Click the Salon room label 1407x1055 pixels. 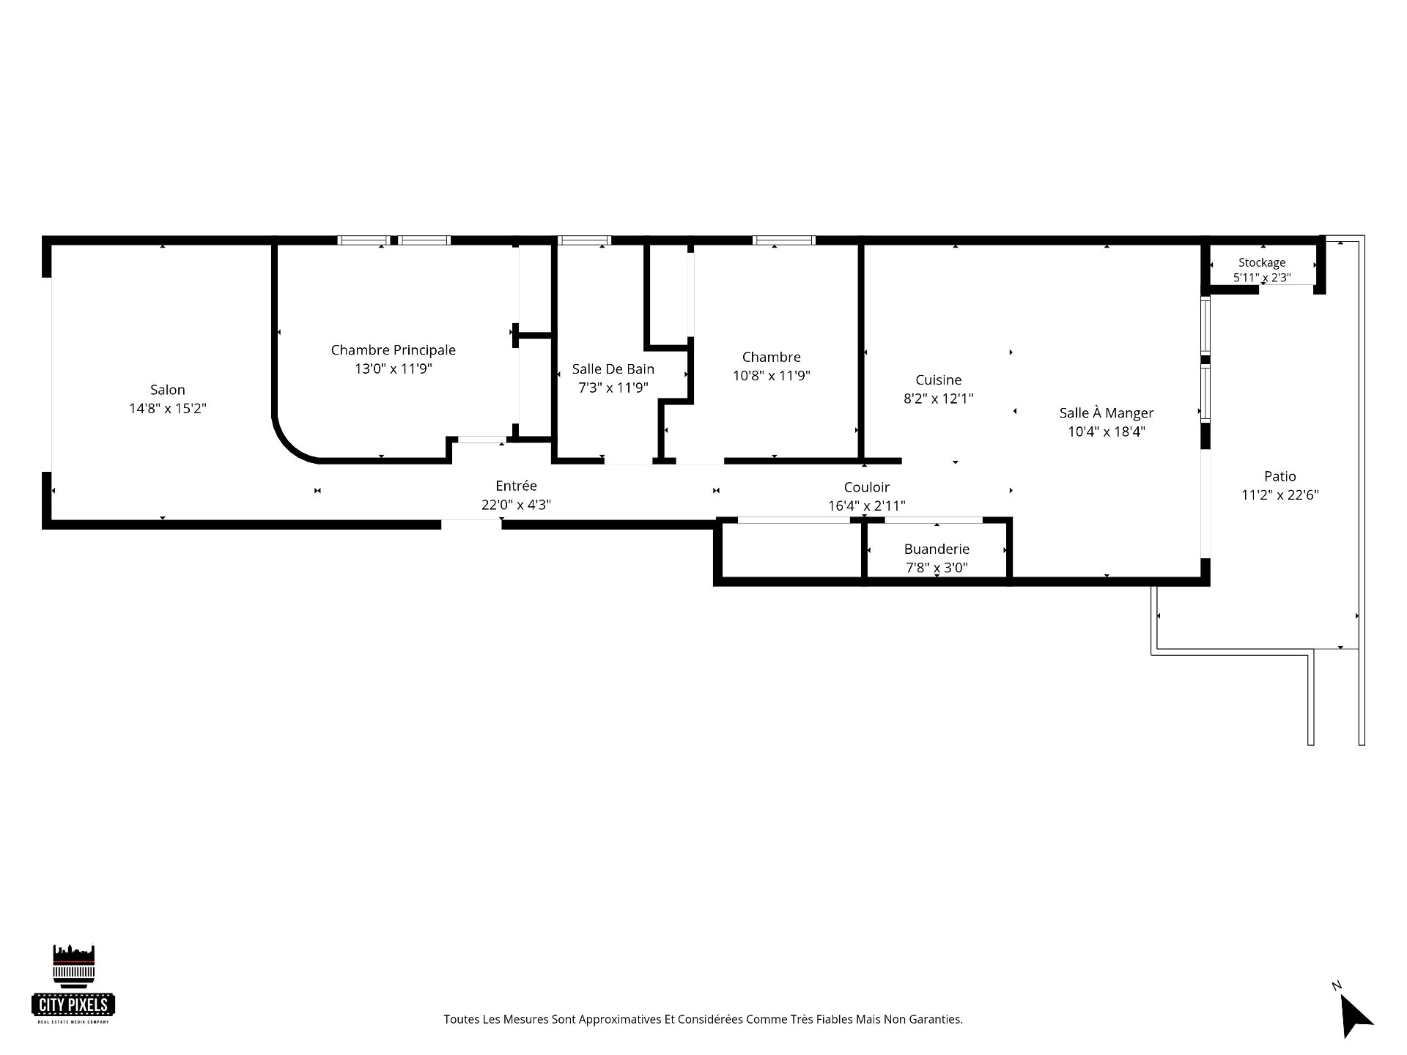pos(167,390)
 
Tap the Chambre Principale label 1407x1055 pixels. pos(394,350)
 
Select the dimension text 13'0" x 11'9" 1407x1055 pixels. pos(394,369)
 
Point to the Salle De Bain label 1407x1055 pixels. pos(613,369)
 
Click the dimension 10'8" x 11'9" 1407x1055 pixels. pos(772,376)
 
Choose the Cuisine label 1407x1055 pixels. pos(939,380)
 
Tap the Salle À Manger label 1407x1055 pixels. pos(1107,413)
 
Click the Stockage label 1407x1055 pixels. pos(1262,262)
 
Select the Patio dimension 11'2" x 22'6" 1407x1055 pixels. pos(1280,495)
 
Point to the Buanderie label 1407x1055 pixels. pos(937,549)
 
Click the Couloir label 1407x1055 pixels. pos(867,487)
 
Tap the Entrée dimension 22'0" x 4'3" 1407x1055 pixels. pos(517,505)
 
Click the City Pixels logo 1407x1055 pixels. pos(74,983)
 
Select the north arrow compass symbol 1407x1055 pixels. pos(1354,1013)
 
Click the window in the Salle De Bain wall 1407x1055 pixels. pos(584,240)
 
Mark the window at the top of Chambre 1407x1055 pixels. pos(784,240)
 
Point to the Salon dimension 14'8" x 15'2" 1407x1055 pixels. pos(168,409)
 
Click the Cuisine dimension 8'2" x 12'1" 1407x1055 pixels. pos(939,399)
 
